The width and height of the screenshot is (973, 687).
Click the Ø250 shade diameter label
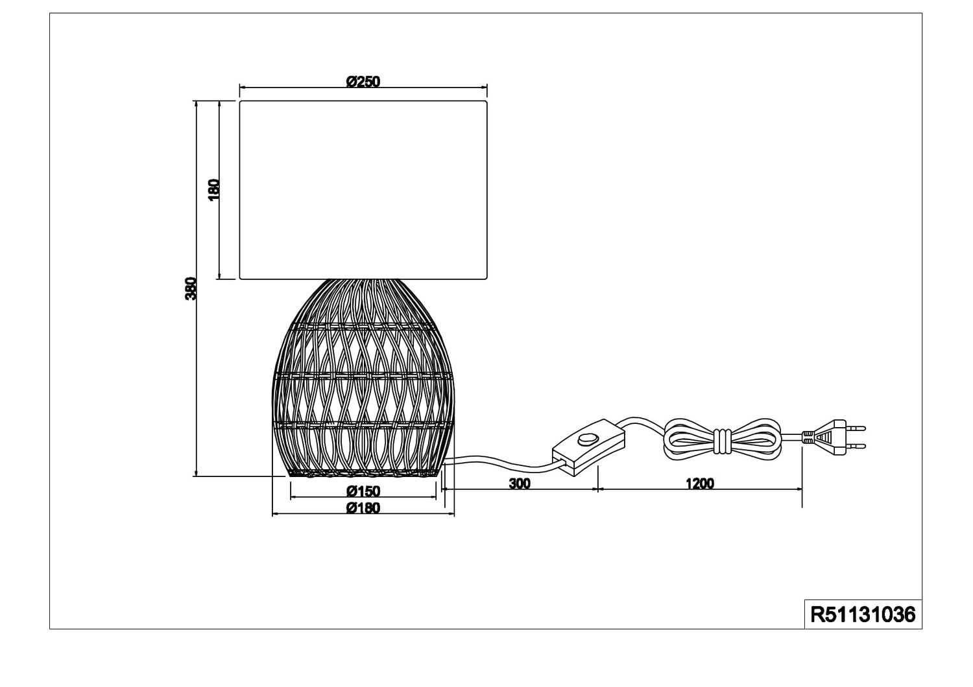coord(363,82)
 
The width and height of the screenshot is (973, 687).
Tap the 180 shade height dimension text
coord(214,190)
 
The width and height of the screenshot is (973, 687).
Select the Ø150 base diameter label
coord(363,491)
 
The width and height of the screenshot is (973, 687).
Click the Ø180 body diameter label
coord(363,507)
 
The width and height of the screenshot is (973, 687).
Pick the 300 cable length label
coord(520,483)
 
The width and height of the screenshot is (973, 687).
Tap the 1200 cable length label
coord(700,483)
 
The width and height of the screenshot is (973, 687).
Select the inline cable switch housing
coord(588,447)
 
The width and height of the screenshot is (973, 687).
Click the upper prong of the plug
coord(856,428)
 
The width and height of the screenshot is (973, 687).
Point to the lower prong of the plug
coord(856,446)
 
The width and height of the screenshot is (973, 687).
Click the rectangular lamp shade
coord(363,190)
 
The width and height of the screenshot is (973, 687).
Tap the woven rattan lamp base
coord(363,378)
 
